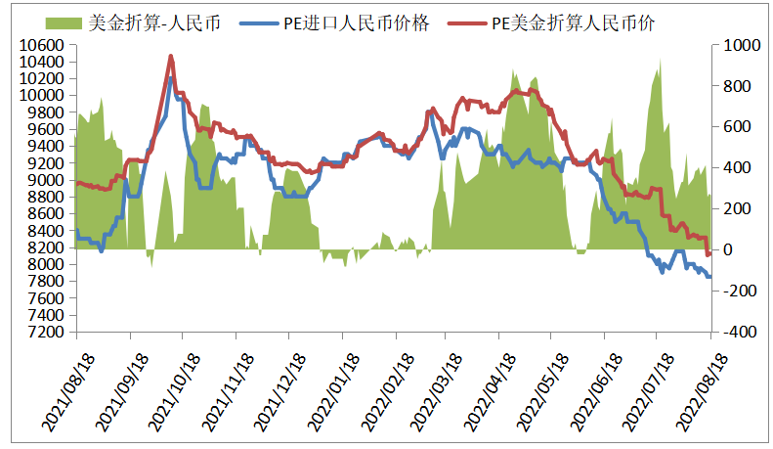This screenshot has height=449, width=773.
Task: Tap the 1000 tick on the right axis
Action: click(735, 45)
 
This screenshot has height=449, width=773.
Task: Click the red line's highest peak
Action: click(171, 57)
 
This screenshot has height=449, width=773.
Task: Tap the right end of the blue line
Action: click(710, 277)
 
